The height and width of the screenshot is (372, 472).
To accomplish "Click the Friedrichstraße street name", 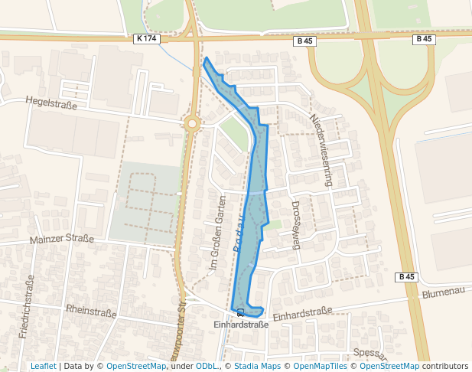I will [x=27, y=306].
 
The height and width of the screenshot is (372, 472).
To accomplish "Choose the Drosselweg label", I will [x=297, y=226].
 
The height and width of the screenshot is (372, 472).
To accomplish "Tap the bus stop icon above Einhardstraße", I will [x=241, y=312].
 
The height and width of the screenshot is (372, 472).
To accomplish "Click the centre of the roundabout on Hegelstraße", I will [x=192, y=122].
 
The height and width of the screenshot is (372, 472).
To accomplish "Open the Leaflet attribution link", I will [x=43, y=366].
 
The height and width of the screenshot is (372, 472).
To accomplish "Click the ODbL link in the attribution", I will [x=207, y=366].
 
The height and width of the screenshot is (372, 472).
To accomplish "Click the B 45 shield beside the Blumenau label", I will [x=406, y=276].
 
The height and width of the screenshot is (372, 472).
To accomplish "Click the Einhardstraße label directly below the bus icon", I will [x=241, y=325].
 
